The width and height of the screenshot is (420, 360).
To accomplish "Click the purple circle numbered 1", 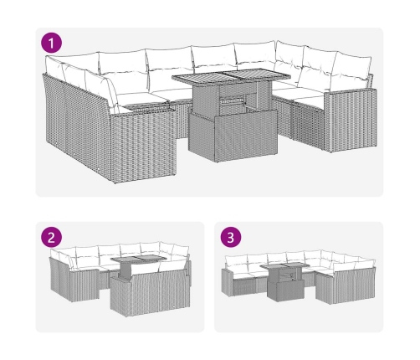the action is point(51,43).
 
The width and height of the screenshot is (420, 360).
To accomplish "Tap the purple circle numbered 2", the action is point(51,238).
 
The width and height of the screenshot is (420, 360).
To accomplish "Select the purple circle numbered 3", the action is point(231,238).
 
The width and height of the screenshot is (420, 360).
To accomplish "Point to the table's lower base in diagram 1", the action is point(233,136).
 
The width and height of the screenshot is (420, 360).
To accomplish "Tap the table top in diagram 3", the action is point(284,266).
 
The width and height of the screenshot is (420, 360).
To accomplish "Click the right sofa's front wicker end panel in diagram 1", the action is point(351,121).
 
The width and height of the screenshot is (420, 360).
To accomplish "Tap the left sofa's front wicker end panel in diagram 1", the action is point(143,145).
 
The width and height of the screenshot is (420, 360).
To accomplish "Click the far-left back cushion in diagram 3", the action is point(236,262).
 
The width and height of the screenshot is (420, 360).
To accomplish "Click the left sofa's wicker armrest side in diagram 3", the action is point(227,282).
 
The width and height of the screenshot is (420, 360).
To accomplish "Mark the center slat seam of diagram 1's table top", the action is point(224,75).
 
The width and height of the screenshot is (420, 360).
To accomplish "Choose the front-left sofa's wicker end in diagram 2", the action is point(85,285).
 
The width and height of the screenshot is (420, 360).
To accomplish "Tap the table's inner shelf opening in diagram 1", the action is point(233,103).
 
